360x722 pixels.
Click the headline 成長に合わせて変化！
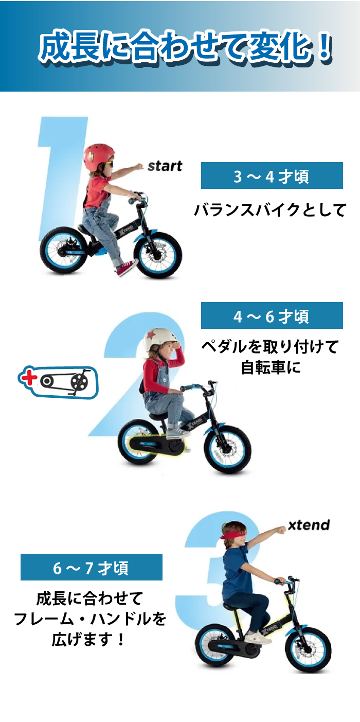tap(185, 49)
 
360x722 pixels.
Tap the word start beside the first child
tap(165, 166)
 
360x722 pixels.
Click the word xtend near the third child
tap(309, 525)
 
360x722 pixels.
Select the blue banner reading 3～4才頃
tap(272, 176)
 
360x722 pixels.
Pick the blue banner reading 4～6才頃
tap(272, 316)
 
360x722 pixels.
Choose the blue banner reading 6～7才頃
tap(91, 568)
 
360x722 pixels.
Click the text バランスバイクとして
tap(270, 210)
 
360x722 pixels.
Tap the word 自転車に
tap(271, 368)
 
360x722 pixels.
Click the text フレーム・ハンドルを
tap(90, 619)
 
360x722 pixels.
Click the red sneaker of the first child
tap(127, 268)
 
